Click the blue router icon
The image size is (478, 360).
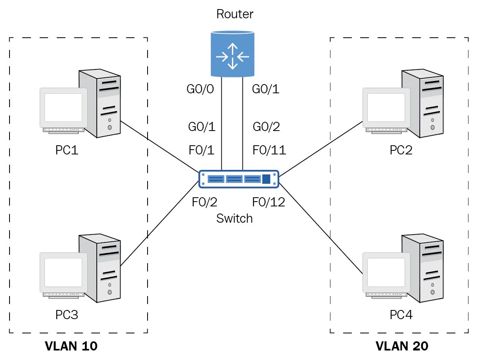232,54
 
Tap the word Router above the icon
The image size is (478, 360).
234,14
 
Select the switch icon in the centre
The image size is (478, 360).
239,179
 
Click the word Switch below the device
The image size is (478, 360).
234,218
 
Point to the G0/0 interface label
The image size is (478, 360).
200,89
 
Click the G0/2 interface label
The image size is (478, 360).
267,127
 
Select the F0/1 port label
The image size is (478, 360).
202,150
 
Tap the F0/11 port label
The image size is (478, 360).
269,150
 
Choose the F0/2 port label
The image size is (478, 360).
205,202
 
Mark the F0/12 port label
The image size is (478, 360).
269,202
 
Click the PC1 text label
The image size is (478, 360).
67,150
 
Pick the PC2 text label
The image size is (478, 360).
401,150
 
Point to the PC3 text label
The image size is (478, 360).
67,315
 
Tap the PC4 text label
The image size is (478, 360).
401,315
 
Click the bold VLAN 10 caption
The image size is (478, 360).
71,346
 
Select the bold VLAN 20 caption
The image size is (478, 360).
402,346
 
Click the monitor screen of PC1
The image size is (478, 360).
63,108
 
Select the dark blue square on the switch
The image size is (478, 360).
266,179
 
